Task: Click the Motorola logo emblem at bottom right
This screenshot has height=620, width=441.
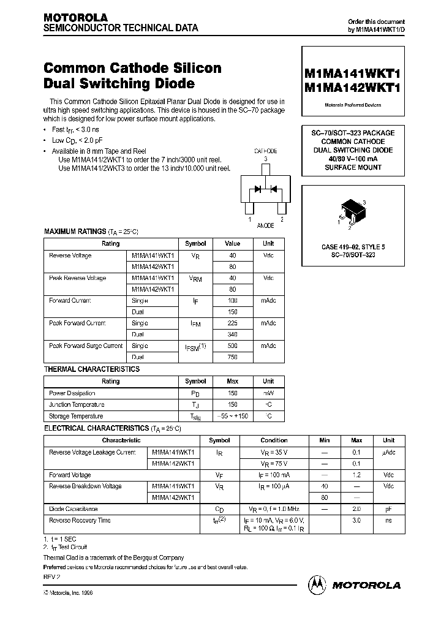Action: (x=318, y=584)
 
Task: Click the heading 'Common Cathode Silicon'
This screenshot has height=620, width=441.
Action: (x=132, y=68)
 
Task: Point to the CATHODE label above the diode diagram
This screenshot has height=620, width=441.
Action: (x=265, y=151)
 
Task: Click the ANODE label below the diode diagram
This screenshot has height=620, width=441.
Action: (x=265, y=225)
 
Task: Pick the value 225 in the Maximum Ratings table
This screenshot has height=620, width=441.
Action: (x=232, y=323)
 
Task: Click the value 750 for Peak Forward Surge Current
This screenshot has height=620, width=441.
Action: (x=232, y=357)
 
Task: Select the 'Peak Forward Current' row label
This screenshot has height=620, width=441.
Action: (x=77, y=323)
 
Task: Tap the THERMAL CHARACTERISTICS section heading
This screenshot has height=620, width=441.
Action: (x=91, y=369)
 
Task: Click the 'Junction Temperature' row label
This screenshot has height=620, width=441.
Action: (x=77, y=404)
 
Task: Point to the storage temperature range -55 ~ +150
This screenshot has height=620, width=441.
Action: (x=232, y=416)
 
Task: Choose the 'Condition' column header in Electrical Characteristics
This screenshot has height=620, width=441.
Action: (x=274, y=440)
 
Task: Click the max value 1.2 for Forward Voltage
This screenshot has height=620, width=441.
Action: (x=356, y=475)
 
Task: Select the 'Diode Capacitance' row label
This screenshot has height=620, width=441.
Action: (x=73, y=509)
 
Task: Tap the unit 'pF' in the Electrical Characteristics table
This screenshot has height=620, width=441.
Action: (x=388, y=509)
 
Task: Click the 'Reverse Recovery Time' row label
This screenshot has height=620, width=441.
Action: (x=80, y=520)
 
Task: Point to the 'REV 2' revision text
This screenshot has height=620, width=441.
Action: (x=52, y=577)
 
